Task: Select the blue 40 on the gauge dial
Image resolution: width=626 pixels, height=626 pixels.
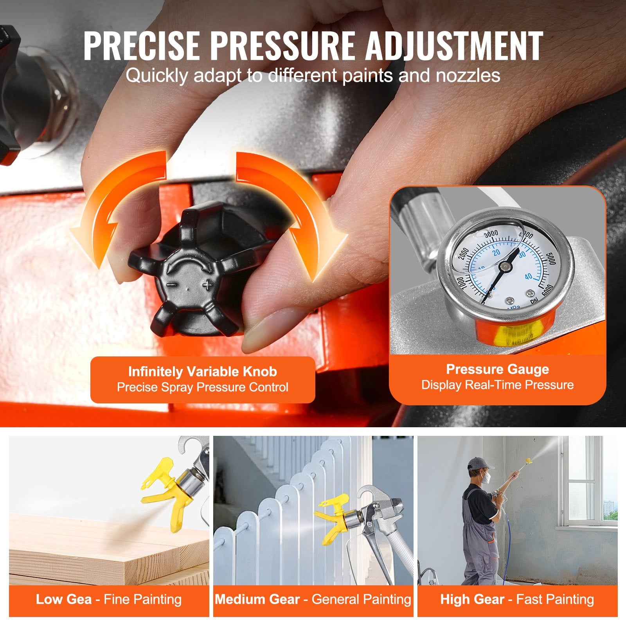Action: (x=528, y=277)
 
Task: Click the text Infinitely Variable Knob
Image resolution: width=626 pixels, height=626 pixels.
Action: (x=202, y=371)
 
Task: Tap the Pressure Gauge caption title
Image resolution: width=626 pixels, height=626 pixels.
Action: (x=497, y=369)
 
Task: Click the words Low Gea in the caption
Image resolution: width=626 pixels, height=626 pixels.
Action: (x=64, y=599)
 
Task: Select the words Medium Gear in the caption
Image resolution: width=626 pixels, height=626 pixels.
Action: (x=257, y=599)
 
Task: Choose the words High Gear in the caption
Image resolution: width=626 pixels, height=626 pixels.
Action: (x=472, y=599)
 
